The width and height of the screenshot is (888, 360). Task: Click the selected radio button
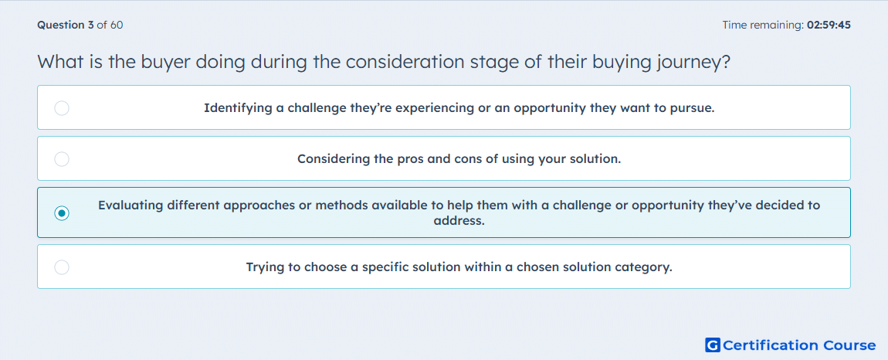(x=62, y=213)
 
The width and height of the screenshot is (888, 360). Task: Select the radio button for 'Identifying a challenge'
(x=62, y=108)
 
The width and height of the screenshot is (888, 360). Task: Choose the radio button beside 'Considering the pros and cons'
(x=62, y=159)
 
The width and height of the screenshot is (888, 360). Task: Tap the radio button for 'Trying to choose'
(x=62, y=267)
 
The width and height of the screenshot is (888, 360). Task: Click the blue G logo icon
(x=713, y=345)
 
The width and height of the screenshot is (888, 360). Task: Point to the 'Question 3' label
(x=66, y=25)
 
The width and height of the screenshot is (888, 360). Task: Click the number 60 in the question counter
(x=117, y=25)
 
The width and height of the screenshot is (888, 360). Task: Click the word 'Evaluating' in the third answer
(x=130, y=205)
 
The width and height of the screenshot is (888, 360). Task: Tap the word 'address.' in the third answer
(x=459, y=220)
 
